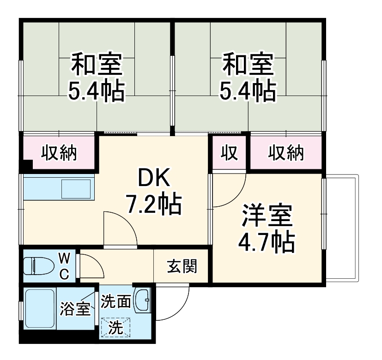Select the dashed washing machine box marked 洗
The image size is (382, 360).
tap(115, 327)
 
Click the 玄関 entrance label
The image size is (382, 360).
tap(182, 266)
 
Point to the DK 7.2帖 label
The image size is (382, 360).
tap(153, 190)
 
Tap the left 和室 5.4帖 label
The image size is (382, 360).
tap(97, 77)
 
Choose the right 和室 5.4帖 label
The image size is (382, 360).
tap(248, 77)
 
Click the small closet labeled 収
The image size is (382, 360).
tap(229, 153)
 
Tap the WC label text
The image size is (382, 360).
tap(64, 265)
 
